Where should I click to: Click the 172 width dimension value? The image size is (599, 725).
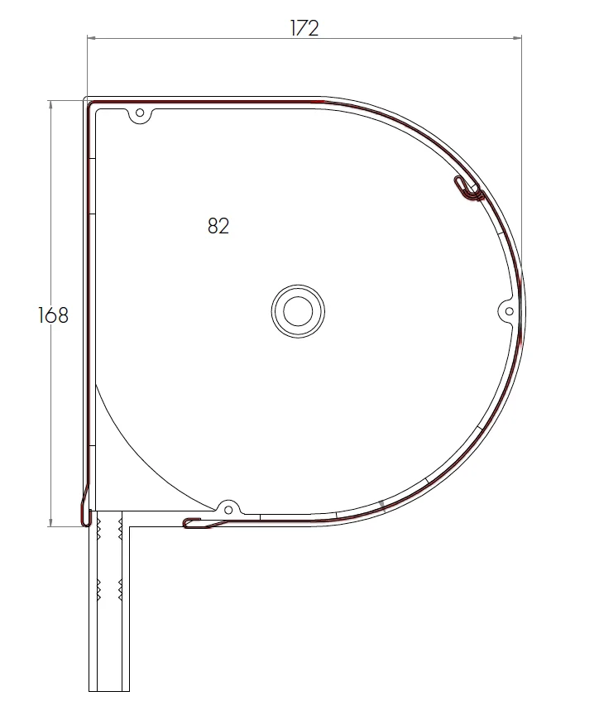click(304, 27)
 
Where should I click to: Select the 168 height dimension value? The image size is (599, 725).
click(53, 314)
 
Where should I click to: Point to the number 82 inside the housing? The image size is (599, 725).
click(218, 226)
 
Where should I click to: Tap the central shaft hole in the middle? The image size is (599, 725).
click(298, 311)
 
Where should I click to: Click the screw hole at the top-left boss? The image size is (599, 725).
click(140, 113)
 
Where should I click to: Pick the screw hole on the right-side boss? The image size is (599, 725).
click(509, 310)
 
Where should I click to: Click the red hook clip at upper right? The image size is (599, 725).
click(469, 190)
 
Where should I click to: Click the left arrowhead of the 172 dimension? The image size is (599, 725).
click(91, 37)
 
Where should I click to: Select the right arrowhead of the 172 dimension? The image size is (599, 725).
click(519, 37)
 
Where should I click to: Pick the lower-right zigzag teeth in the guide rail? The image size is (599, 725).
click(121, 589)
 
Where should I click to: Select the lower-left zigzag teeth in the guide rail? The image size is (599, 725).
click(99, 589)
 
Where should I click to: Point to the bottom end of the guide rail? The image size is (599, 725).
click(109, 689)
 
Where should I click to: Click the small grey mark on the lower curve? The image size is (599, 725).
click(381, 504)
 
